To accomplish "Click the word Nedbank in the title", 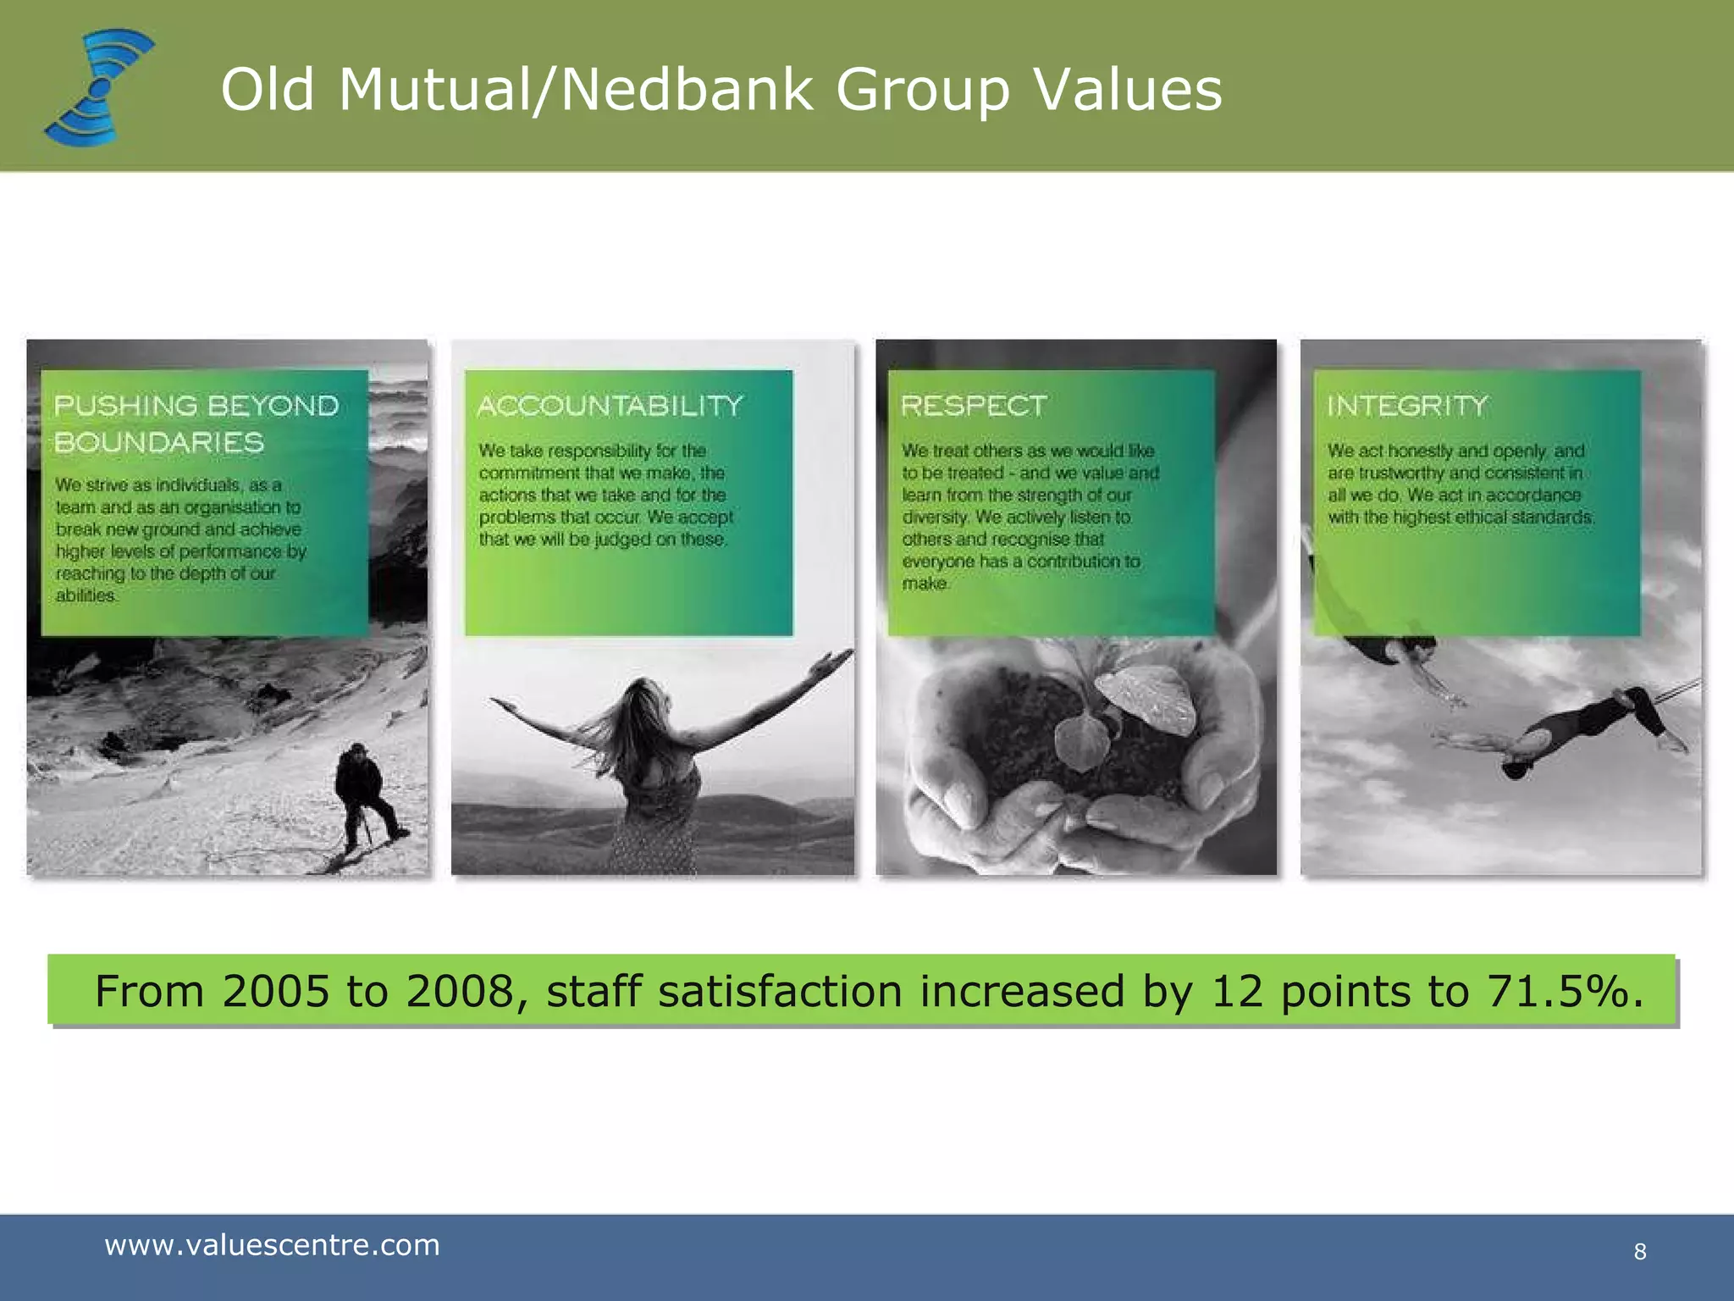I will [x=687, y=90].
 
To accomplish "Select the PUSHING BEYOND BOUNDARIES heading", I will [x=196, y=424].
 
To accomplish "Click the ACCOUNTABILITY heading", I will [x=610, y=406].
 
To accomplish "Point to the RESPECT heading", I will [x=974, y=406].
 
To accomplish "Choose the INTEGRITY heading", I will [x=1407, y=406].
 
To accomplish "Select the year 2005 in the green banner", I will [x=275, y=991].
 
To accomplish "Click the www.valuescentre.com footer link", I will [x=272, y=1245].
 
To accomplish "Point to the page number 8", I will [x=1640, y=1252].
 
